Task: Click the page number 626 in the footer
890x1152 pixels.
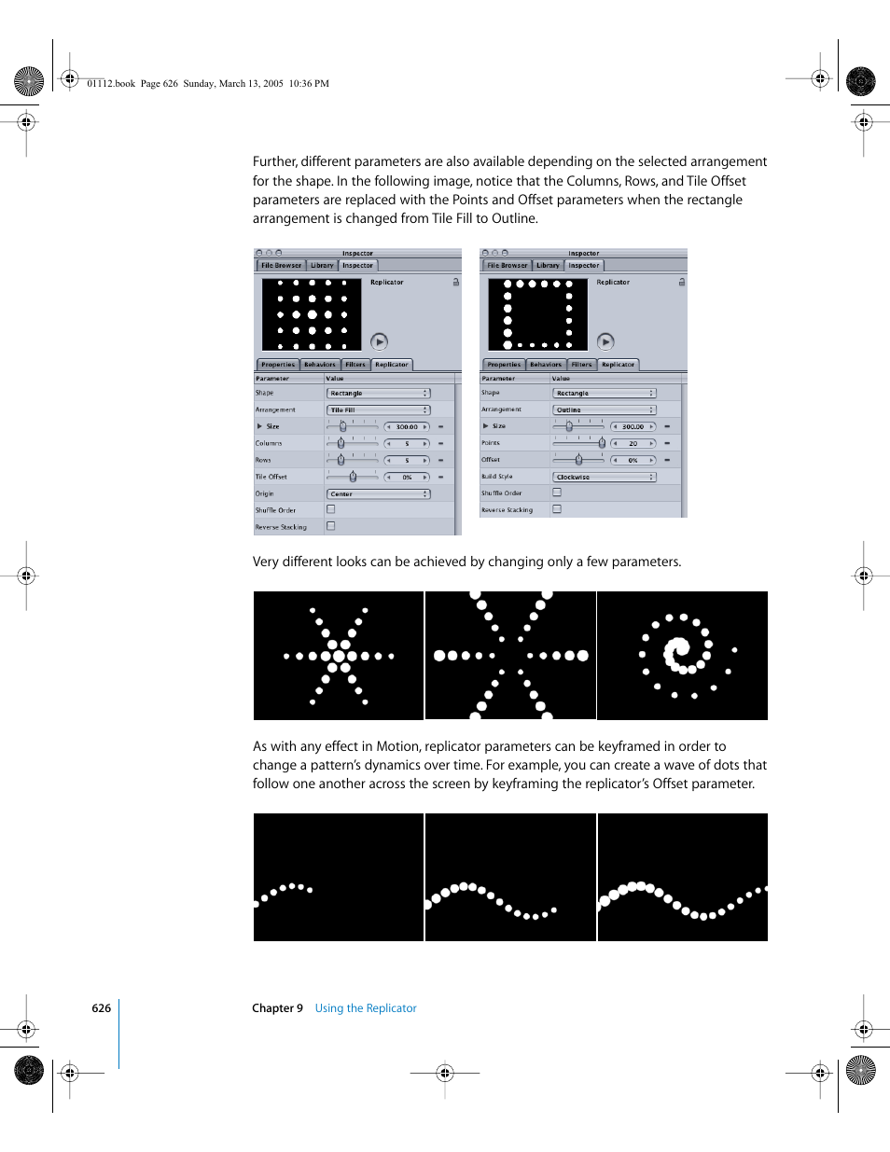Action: point(101,1008)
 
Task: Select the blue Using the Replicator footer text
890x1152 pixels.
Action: point(366,1008)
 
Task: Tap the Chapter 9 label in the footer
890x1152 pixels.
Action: point(277,1008)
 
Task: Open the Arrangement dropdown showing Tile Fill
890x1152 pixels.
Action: point(378,410)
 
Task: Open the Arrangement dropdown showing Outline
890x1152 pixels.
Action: point(605,410)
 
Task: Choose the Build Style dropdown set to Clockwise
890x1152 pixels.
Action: point(605,478)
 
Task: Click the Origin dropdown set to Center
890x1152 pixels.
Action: point(378,494)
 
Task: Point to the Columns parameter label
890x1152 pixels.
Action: point(269,444)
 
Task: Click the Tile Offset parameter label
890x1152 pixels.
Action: point(271,478)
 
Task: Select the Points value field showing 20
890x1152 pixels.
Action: point(633,444)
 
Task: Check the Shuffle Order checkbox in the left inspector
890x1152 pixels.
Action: point(331,510)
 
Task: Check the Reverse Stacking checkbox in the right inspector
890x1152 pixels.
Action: point(557,509)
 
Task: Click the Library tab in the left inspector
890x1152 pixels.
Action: point(322,266)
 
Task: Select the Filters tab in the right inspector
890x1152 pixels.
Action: point(582,365)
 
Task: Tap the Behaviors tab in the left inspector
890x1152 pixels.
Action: point(319,365)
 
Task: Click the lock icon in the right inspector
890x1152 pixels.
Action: point(682,282)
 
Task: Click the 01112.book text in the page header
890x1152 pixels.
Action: point(111,84)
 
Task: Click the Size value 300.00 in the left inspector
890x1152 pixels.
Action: point(407,427)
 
